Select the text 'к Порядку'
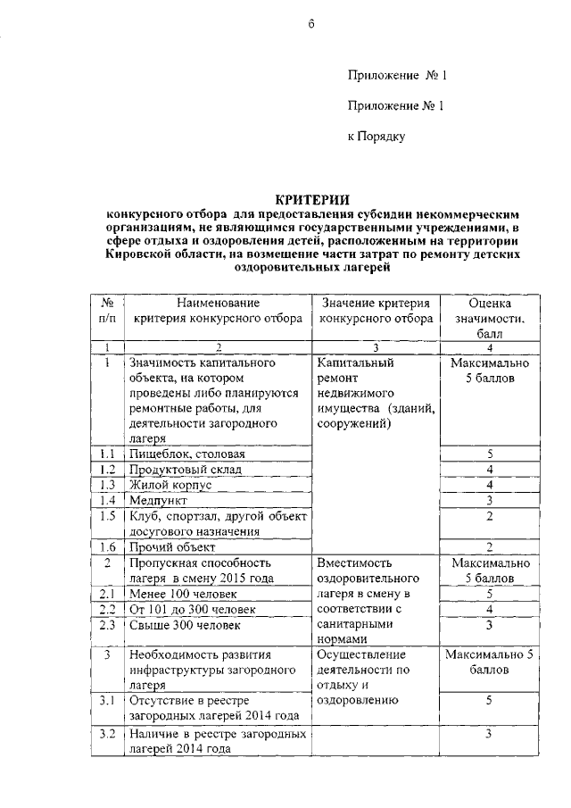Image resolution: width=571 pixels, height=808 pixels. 377,137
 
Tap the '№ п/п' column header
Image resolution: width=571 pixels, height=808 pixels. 106,310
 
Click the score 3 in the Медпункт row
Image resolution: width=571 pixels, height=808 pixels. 490,500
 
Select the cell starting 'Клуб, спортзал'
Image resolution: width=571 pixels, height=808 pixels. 217,523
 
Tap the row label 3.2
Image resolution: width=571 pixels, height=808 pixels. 106,734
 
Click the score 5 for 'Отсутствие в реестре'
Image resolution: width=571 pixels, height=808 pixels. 490,701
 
